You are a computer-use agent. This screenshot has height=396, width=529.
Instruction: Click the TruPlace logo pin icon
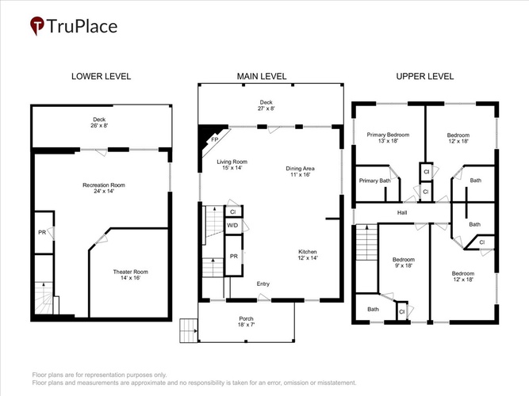coord(37,25)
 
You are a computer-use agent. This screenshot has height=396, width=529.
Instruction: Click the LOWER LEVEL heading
coord(101,77)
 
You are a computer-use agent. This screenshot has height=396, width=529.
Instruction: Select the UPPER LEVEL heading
coord(425,77)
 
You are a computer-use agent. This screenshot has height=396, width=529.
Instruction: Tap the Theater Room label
coord(131,275)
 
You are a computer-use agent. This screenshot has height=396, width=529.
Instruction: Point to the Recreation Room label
coord(104,188)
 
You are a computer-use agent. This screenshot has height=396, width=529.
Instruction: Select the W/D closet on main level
coord(233,225)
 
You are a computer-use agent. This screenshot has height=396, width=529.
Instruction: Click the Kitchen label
coord(308,255)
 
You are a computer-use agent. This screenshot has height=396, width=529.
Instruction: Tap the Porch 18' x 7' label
coord(247,322)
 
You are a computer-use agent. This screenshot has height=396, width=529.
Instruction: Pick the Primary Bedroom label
coord(388,138)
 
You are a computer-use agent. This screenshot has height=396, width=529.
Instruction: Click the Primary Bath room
coord(377,184)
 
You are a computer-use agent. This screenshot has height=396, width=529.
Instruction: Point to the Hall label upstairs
coord(402,213)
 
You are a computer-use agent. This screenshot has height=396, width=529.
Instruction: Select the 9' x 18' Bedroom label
coord(404,262)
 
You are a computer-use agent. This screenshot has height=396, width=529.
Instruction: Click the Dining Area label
coord(301,172)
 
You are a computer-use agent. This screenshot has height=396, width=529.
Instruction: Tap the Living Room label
coord(232,165)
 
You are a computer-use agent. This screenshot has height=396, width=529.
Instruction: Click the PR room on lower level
coord(44,233)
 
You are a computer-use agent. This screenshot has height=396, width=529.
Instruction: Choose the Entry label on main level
coord(263,284)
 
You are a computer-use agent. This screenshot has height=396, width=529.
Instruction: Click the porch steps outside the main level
coord(188,330)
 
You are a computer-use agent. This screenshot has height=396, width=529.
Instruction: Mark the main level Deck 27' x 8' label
coord(266,105)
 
